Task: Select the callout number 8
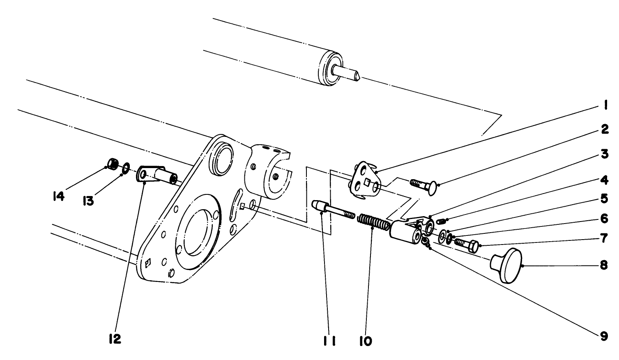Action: click(x=604, y=265)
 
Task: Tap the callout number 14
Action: click(x=58, y=197)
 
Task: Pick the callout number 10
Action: click(x=366, y=341)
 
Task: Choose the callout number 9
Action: click(x=604, y=336)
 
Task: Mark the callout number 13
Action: click(x=87, y=201)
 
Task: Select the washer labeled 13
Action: click(x=126, y=167)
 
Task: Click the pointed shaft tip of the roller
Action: click(x=357, y=76)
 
